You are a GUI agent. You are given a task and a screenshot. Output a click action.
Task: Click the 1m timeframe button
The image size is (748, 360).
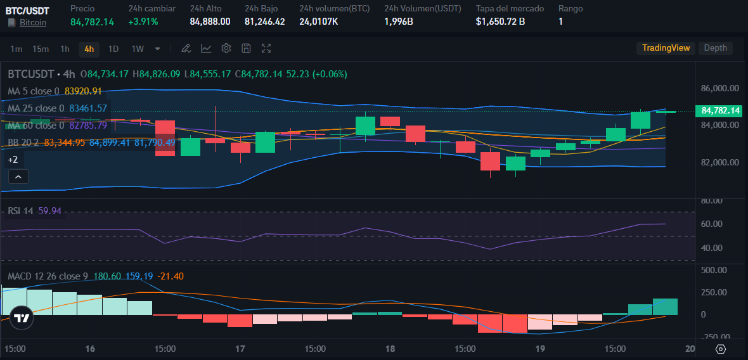[16, 49]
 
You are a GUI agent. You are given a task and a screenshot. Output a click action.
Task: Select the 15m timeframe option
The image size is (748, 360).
[41, 49]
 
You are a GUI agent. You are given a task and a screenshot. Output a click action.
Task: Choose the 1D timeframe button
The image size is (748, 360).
[113, 49]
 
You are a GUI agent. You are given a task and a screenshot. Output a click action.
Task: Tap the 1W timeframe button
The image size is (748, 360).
[138, 49]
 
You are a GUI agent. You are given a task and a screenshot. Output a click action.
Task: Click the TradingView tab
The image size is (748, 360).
[666, 48]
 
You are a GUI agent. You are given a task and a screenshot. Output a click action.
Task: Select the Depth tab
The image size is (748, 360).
[716, 48]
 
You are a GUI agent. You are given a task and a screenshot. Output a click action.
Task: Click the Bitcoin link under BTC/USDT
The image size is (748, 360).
[33, 22]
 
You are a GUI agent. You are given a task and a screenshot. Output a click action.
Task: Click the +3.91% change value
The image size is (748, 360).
[143, 22]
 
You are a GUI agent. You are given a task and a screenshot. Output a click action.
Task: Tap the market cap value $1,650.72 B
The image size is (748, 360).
[500, 22]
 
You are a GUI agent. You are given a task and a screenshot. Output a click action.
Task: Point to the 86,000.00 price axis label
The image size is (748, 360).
[719, 88]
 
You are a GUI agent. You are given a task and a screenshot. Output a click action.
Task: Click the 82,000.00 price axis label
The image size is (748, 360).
[719, 162]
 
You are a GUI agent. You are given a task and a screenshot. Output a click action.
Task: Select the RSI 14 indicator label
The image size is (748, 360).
[20, 210]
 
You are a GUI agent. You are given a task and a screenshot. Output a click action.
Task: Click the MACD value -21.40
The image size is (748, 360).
[172, 276]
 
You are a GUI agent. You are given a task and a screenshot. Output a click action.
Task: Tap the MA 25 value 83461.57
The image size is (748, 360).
[88, 108]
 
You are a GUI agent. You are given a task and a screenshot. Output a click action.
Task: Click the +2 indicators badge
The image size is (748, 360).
[13, 160]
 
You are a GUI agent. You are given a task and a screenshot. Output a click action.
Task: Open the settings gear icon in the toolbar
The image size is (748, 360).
[226, 48]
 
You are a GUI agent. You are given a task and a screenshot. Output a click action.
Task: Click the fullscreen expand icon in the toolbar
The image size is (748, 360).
[266, 48]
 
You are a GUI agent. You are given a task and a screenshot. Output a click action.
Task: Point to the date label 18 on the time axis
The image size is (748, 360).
[390, 349]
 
